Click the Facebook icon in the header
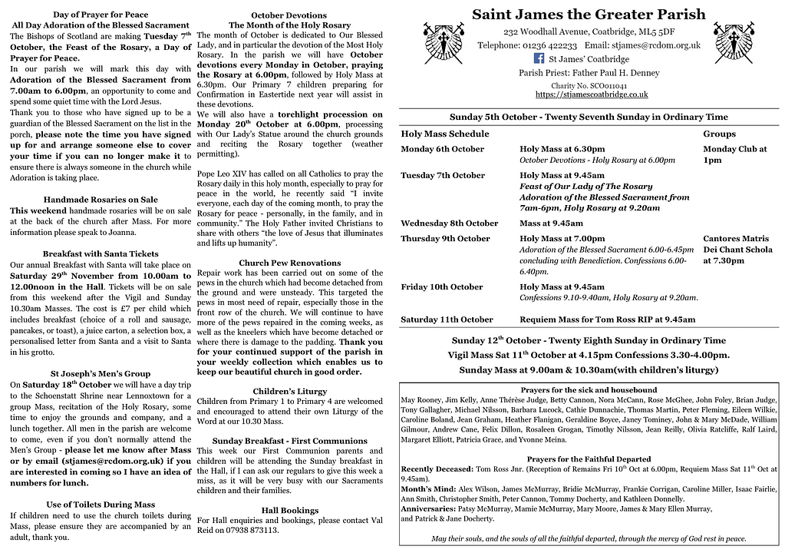[x=539, y=58]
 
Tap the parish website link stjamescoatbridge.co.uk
[x=591, y=94]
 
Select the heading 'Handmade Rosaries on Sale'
[x=101, y=200]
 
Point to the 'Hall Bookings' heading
[x=290, y=510]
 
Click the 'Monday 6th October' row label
[x=442, y=149]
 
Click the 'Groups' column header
[x=719, y=134]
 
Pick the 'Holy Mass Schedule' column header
[x=444, y=134]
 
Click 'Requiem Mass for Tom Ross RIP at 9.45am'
[x=608, y=319]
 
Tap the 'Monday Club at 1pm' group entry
[x=734, y=154]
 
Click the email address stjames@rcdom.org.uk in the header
[x=657, y=45]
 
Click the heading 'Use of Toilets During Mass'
[x=101, y=505]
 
